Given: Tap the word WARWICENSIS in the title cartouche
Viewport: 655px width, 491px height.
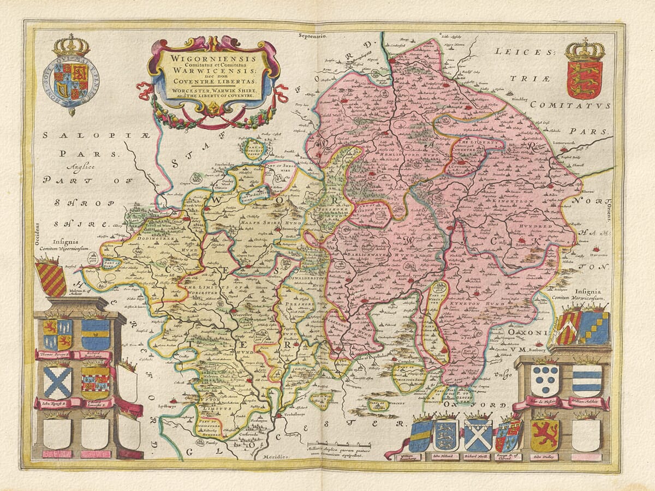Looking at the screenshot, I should [213, 71].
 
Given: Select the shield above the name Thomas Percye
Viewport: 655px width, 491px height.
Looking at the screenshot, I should [57, 334].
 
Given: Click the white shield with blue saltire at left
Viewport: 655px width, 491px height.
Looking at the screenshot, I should [57, 382].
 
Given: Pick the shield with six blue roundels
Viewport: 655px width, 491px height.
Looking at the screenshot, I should [545, 380].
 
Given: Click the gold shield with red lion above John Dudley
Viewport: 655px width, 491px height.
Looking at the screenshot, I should [544, 435].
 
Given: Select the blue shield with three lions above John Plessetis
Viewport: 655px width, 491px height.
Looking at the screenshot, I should [445, 435].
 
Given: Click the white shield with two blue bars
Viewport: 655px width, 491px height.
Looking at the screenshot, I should [587, 380].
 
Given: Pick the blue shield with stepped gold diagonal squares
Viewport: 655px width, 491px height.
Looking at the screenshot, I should [593, 328].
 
